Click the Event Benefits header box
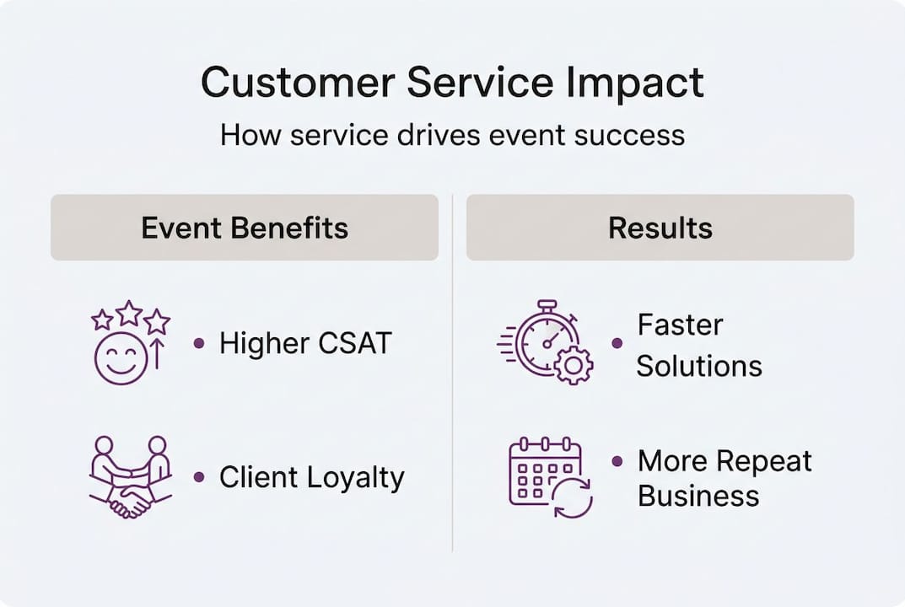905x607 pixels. pos(245,228)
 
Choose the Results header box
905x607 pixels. pos(660,228)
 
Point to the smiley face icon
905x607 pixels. pos(121,359)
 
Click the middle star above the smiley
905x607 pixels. pos(129,314)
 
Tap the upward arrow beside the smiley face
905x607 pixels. pos(156,354)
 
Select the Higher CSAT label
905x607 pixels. pos(305,344)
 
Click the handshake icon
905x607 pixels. pos(130,478)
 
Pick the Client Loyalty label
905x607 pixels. pos(312,478)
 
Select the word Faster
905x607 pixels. pos(680,325)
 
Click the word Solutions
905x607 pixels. pos(699,367)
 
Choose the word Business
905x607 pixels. pos(698,497)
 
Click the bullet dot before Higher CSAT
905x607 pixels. pos(199,343)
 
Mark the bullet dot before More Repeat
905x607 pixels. pos(617,461)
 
